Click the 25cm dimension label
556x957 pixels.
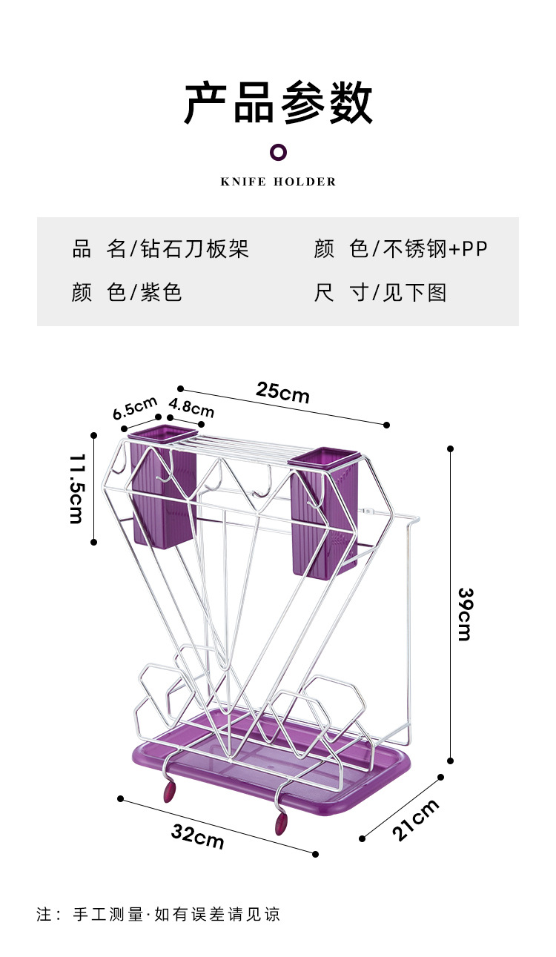[x=282, y=392]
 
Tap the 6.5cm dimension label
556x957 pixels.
[x=135, y=408]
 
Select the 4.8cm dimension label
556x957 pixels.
[x=191, y=407]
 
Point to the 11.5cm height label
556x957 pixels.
[x=77, y=489]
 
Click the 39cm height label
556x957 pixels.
[x=466, y=615]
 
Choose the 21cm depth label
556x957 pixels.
[x=415, y=820]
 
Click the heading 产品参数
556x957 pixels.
[x=278, y=102]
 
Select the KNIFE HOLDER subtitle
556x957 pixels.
[x=278, y=182]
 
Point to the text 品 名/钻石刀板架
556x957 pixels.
[x=160, y=248]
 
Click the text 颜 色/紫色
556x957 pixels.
[x=127, y=293]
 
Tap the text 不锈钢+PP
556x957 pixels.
[x=435, y=248]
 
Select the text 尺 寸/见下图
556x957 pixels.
[x=380, y=293]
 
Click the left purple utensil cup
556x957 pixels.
[x=163, y=486]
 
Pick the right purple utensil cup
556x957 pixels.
[x=323, y=513]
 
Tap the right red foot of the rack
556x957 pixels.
[x=281, y=824]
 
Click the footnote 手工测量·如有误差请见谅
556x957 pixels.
[x=176, y=914]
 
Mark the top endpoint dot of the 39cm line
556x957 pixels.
[x=450, y=448]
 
